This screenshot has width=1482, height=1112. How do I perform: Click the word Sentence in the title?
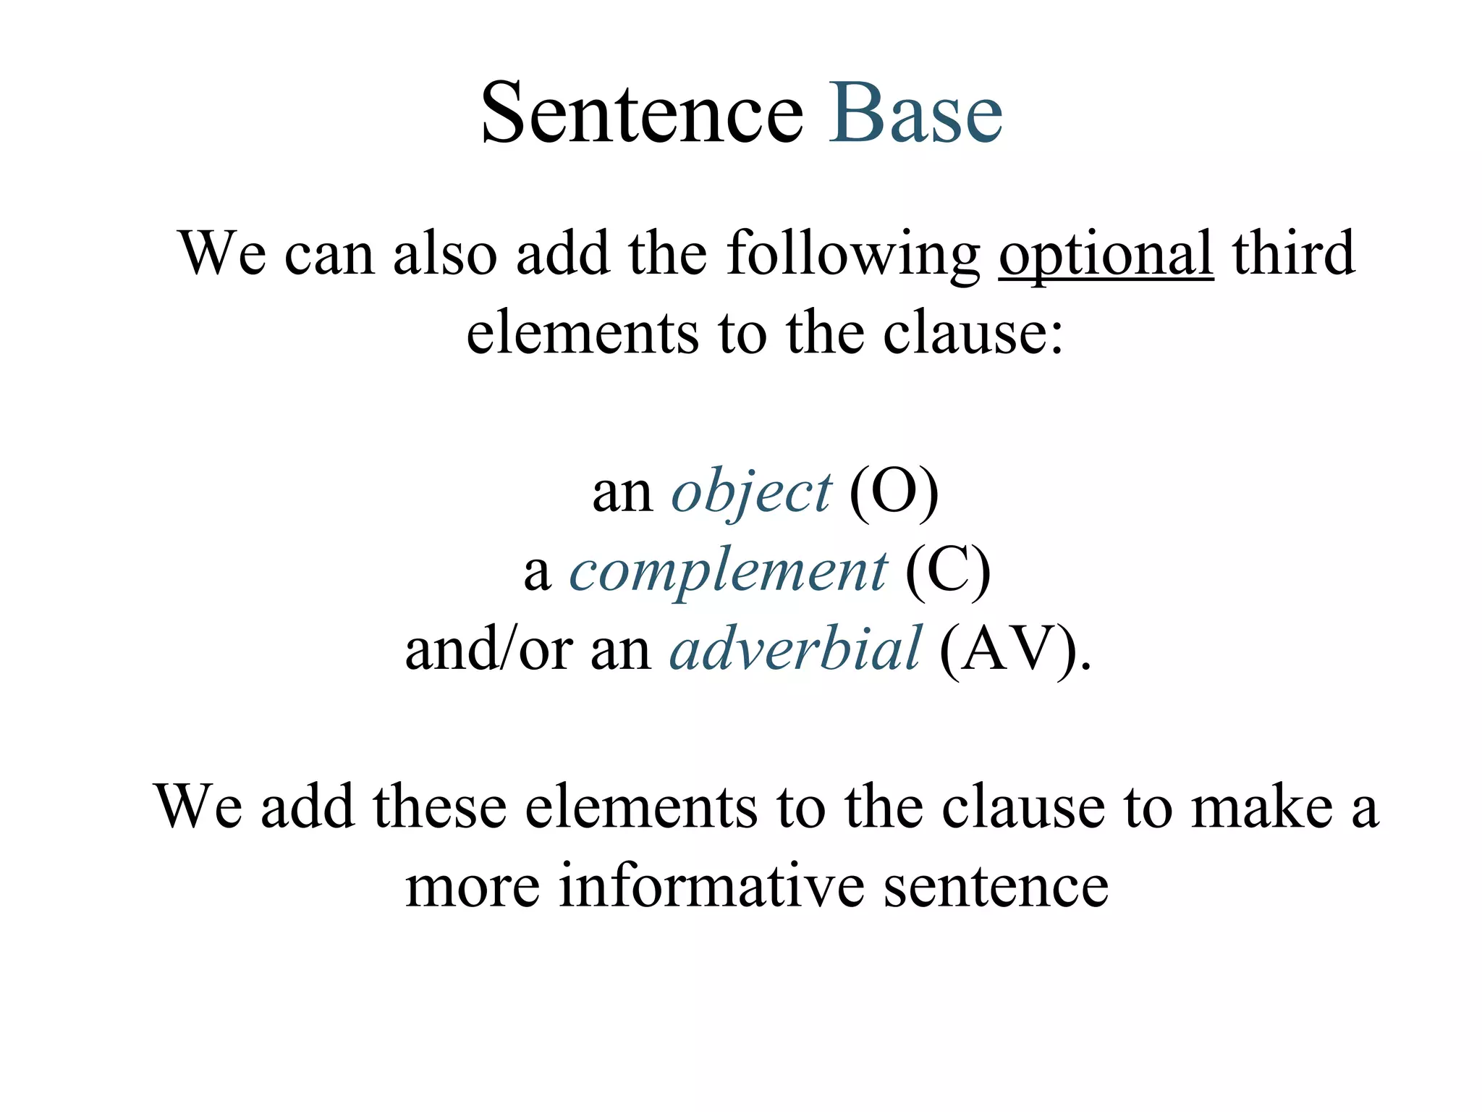pyautogui.click(x=642, y=114)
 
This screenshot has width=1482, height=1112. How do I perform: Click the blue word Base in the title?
pyautogui.click(x=916, y=114)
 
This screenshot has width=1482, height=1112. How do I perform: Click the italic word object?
pyautogui.click(x=751, y=492)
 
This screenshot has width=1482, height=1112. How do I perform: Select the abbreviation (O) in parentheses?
pyautogui.click(x=894, y=492)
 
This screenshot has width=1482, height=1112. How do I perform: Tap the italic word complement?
pyautogui.click(x=727, y=572)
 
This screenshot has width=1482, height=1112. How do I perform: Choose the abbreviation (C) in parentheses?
pyautogui.click(x=947, y=572)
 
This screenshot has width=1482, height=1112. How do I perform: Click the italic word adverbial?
pyautogui.click(x=795, y=649)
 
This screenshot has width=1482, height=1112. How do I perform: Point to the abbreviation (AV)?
pyautogui.click(x=1015, y=649)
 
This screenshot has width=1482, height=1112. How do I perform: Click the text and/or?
pyautogui.click(x=489, y=649)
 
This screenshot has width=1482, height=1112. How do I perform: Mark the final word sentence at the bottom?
pyautogui.click(x=996, y=886)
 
